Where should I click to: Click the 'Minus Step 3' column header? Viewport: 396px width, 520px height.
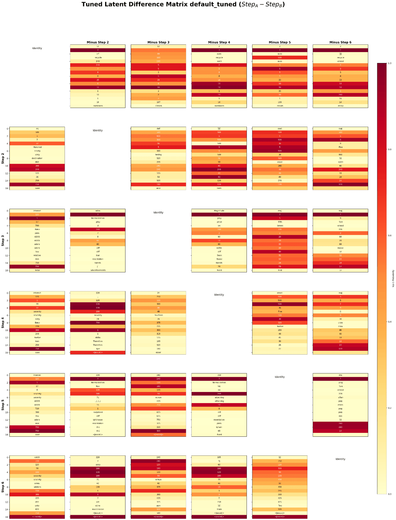coord(158,42)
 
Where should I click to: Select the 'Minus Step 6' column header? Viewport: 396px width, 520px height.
coord(340,42)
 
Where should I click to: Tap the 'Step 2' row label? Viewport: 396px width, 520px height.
coord(3,158)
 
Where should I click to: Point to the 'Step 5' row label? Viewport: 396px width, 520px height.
coord(3,405)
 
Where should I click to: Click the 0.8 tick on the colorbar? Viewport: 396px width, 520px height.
coord(389,149)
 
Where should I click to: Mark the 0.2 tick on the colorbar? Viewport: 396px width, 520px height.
coord(389,408)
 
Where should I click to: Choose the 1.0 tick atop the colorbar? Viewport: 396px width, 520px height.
coord(389,63)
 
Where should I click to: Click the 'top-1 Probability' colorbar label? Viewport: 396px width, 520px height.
coord(393,278)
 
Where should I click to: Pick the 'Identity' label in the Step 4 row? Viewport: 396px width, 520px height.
coord(219,295)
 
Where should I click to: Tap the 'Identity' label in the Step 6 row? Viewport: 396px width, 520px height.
coord(340,459)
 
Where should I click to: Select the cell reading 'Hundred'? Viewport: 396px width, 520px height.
coord(37,147)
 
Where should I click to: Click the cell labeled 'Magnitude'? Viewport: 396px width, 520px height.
coord(219,211)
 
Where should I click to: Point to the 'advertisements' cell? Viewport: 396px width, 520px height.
coord(98,270)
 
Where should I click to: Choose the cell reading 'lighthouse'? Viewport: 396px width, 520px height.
coord(98,420)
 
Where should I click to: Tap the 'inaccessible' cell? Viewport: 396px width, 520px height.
coord(98,509)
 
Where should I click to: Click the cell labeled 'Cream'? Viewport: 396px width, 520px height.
coord(158,106)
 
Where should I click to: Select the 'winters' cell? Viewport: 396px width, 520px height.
coord(37,487)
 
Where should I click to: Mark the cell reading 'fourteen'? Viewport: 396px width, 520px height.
coord(158,315)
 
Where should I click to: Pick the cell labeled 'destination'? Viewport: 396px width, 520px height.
coord(37,158)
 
